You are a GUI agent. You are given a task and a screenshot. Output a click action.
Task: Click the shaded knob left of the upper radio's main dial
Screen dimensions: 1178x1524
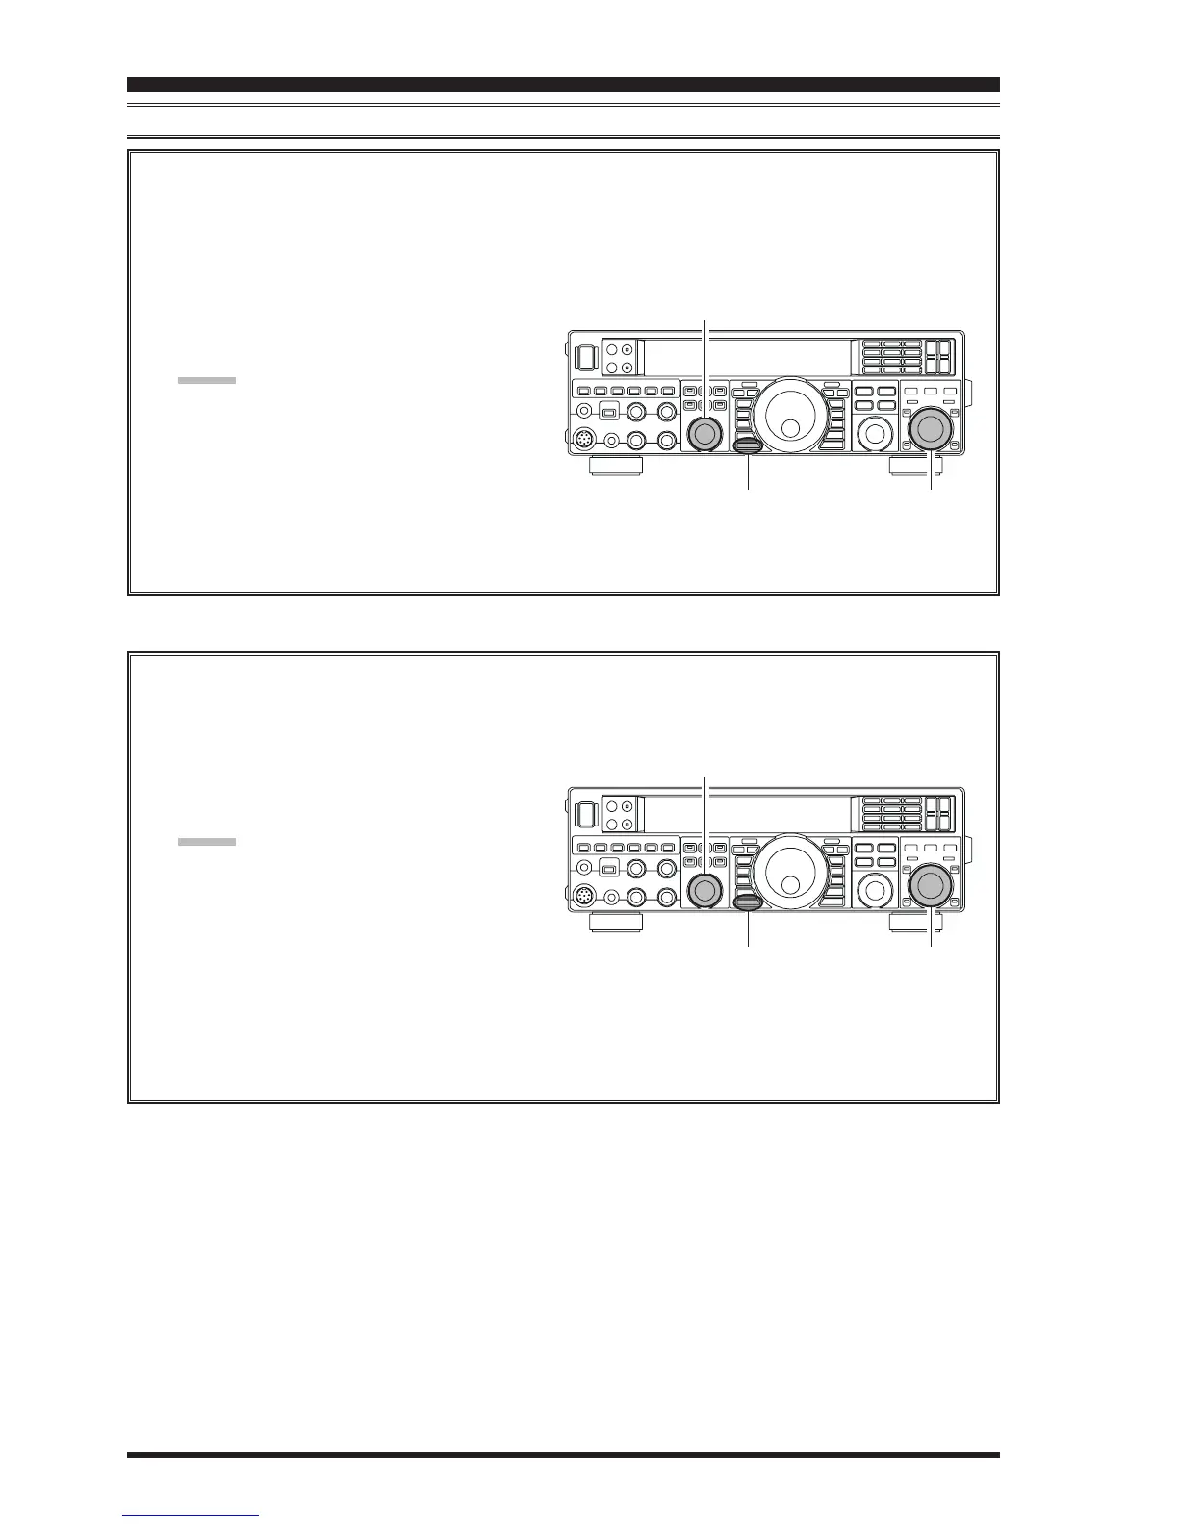point(704,434)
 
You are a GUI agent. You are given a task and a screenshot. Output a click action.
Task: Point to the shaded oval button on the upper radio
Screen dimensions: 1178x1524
point(748,445)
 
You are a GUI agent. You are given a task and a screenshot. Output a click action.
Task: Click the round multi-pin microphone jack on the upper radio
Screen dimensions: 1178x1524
point(584,440)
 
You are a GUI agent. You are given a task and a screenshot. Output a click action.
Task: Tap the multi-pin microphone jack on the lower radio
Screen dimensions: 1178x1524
point(584,897)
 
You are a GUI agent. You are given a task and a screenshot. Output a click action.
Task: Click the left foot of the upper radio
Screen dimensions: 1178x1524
point(616,467)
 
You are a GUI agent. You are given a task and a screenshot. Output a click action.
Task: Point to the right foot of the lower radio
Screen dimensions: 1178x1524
point(914,924)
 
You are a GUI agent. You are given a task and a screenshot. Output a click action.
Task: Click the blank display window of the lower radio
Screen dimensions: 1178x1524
point(746,814)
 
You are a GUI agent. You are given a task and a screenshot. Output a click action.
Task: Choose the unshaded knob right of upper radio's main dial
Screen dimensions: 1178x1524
point(874,433)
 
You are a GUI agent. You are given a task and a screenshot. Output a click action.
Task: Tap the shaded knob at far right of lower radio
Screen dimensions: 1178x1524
point(930,886)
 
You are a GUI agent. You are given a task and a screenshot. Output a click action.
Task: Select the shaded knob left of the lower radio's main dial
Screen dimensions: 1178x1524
point(704,891)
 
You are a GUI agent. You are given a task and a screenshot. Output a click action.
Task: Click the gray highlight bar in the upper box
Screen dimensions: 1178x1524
point(206,381)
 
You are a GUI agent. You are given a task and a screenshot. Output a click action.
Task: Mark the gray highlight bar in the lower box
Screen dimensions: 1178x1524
point(206,842)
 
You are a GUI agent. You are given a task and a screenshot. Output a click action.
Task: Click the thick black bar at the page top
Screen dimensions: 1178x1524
point(563,85)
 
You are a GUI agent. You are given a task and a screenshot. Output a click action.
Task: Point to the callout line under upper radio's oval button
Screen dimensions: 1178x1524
point(748,472)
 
